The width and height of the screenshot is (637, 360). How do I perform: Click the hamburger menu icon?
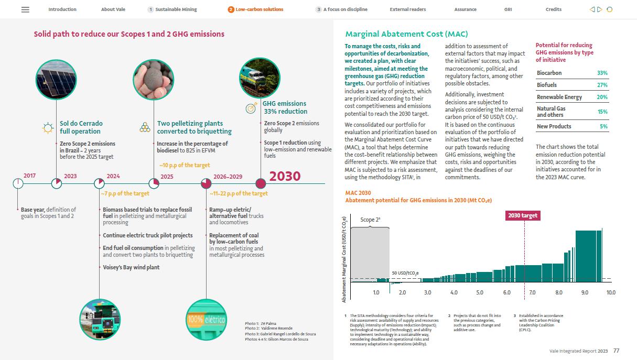25,9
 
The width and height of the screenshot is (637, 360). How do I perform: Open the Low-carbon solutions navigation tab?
259,9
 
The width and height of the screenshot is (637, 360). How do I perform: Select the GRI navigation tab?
508,9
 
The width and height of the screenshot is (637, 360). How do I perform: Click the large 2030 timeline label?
285,176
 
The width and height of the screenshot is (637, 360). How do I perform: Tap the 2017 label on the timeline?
29,176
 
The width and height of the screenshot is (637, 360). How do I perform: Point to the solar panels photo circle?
56,80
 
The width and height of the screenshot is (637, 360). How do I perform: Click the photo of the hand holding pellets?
153,80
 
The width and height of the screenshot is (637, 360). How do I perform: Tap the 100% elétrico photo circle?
206,319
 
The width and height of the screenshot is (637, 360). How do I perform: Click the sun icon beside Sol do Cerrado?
48,127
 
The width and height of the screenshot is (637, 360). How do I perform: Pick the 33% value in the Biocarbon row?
602,73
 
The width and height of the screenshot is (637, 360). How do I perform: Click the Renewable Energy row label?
559,97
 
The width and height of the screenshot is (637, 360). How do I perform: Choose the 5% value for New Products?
604,127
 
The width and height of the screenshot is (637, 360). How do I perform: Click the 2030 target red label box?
523,215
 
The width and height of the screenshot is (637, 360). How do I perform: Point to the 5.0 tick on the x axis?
480,292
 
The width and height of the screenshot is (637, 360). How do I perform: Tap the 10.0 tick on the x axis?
611,292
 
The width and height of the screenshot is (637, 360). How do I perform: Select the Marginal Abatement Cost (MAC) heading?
406,35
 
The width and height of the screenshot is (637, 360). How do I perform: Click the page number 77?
617,351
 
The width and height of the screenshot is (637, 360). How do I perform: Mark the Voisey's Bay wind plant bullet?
131,267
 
